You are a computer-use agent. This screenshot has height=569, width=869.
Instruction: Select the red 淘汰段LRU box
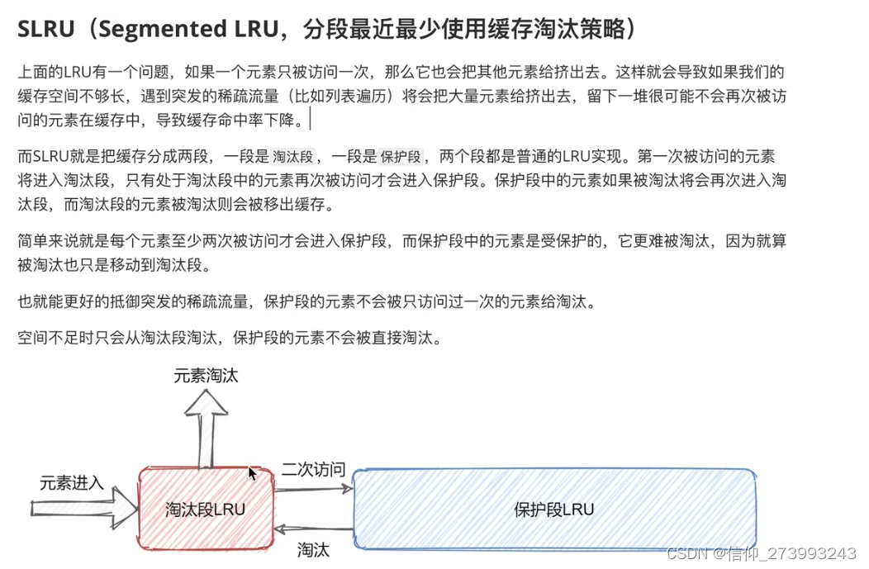206,508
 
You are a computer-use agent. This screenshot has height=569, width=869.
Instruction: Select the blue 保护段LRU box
553,508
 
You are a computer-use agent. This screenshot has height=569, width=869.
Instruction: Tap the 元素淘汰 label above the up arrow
206,375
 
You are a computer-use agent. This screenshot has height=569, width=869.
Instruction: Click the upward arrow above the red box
206,425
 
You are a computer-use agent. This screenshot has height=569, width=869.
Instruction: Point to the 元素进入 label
72,483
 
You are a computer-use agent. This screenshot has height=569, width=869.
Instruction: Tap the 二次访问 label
312,470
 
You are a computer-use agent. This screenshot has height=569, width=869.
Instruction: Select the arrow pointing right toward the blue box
314,488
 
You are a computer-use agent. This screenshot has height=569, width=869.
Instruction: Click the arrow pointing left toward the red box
314,529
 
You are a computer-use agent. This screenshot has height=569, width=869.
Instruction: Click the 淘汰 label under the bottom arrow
313,549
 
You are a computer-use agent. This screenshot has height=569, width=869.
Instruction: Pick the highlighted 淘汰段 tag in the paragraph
293,157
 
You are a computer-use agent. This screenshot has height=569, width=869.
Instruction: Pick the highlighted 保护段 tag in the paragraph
401,157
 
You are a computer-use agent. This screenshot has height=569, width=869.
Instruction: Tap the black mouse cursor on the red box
252,473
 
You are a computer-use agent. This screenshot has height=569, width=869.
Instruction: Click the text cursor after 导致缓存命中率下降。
311,120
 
